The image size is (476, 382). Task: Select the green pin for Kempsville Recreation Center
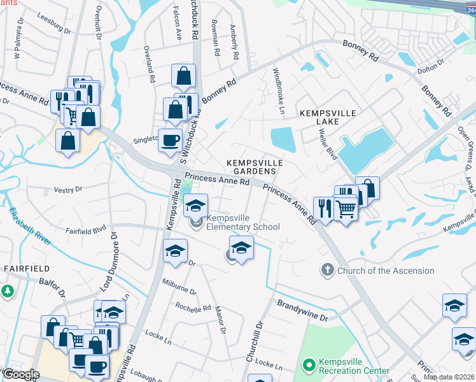(x=309, y=365)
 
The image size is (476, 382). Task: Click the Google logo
(x=20, y=374)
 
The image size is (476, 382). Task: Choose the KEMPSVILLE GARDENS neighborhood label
(x=253, y=167)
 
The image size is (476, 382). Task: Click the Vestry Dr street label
(x=68, y=189)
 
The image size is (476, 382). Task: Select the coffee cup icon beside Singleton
(x=170, y=139)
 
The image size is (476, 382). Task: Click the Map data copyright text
(x=449, y=377)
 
